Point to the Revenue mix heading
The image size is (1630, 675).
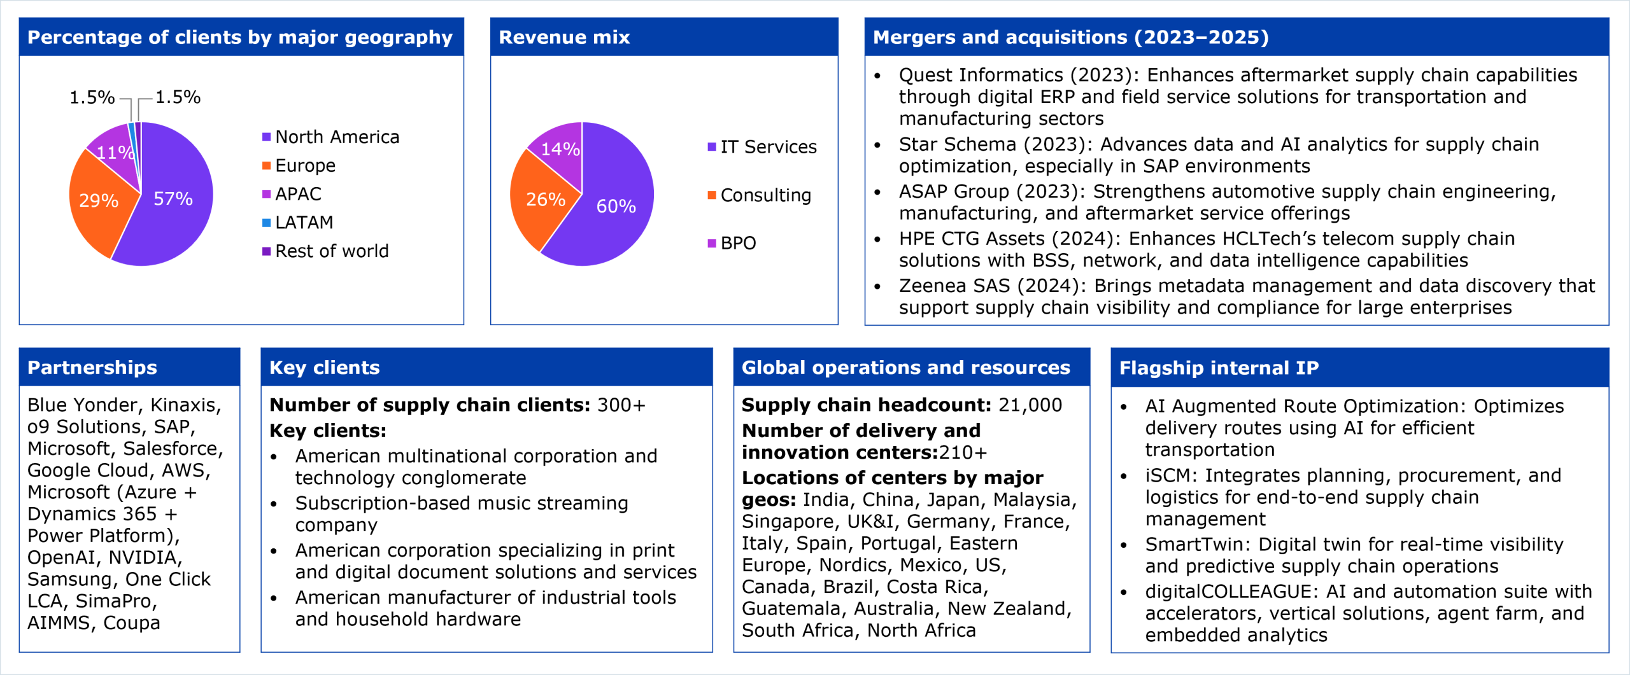click(x=564, y=38)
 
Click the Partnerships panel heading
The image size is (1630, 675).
click(x=92, y=368)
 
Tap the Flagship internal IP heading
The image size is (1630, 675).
click(x=1219, y=368)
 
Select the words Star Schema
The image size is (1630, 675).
click(x=958, y=144)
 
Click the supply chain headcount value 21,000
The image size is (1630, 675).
click(x=1030, y=405)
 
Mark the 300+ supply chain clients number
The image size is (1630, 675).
click(x=621, y=405)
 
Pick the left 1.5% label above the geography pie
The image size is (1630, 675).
click(x=92, y=97)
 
